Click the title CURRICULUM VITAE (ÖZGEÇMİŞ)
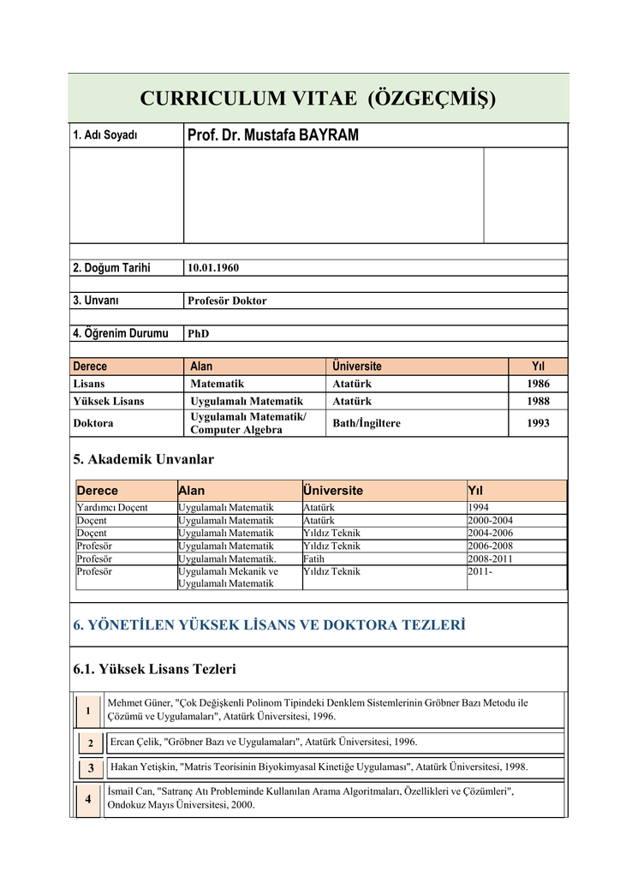point(318,98)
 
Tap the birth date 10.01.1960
point(213,268)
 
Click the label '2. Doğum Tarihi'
point(111,268)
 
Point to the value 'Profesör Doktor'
point(227,301)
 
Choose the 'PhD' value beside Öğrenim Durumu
point(198,333)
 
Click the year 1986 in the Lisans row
point(538,384)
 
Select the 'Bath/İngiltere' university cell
point(367,423)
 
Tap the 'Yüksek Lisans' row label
point(109,401)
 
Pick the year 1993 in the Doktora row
point(538,423)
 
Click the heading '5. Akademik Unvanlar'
point(145,460)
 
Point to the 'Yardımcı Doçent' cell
point(112,508)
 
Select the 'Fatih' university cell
point(313,558)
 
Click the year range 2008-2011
point(492,558)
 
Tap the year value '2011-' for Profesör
point(480,571)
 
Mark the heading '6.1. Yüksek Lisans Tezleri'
point(155,669)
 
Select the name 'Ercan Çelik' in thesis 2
point(135,742)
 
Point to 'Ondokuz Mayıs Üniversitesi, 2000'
point(181,805)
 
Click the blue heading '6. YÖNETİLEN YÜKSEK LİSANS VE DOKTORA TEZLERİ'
point(270,625)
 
